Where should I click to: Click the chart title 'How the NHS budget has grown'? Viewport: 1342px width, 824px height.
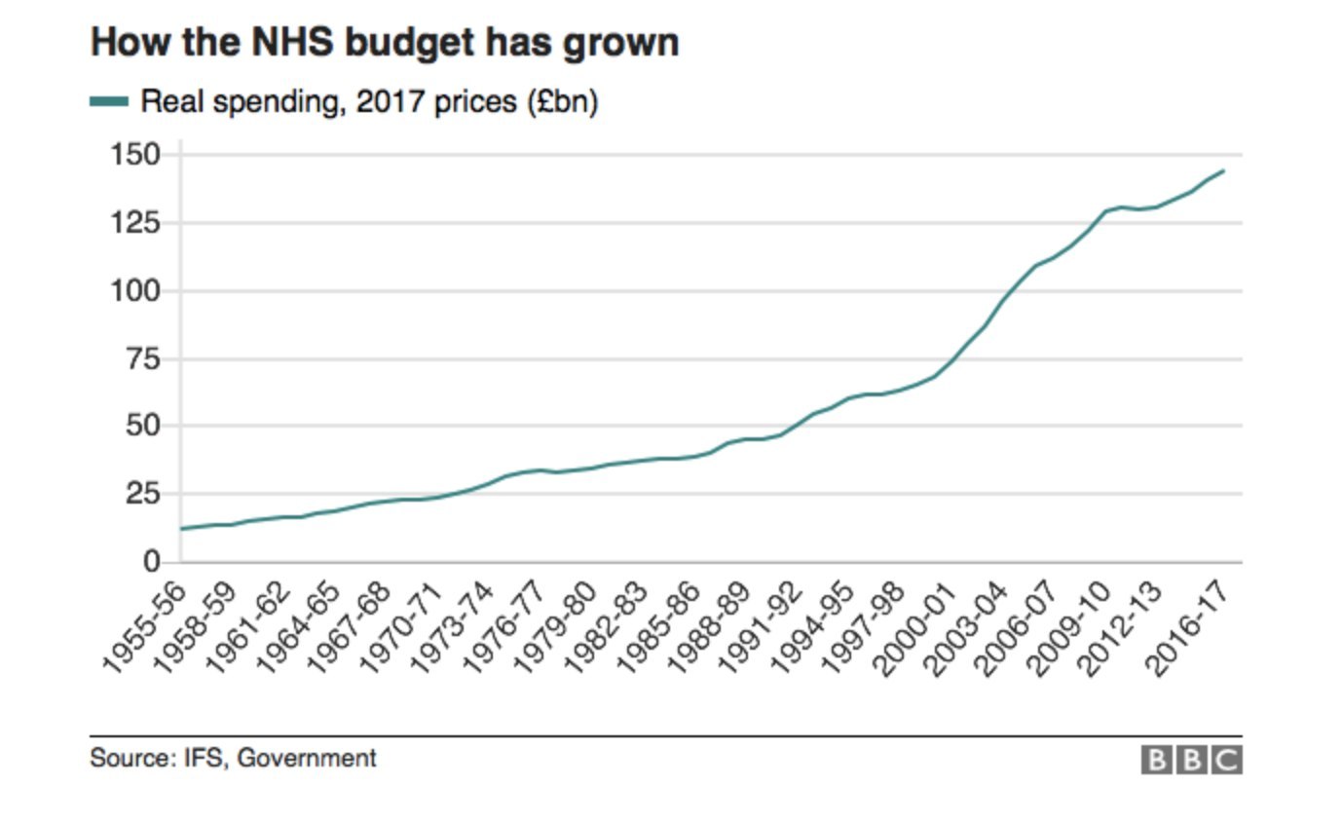[x=384, y=43]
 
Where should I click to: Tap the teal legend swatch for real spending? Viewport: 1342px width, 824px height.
[x=109, y=101]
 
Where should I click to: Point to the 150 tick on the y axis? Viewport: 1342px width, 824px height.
[x=137, y=155]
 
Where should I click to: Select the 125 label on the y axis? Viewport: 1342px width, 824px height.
[x=137, y=223]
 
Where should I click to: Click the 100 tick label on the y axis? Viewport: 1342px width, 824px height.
[x=137, y=291]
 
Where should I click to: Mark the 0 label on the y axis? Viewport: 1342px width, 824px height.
[x=150, y=562]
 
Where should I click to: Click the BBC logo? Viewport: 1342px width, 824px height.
[x=1191, y=760]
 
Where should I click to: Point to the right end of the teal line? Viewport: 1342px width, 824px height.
[x=1223, y=171]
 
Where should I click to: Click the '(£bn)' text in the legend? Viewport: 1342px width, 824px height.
[x=562, y=101]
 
